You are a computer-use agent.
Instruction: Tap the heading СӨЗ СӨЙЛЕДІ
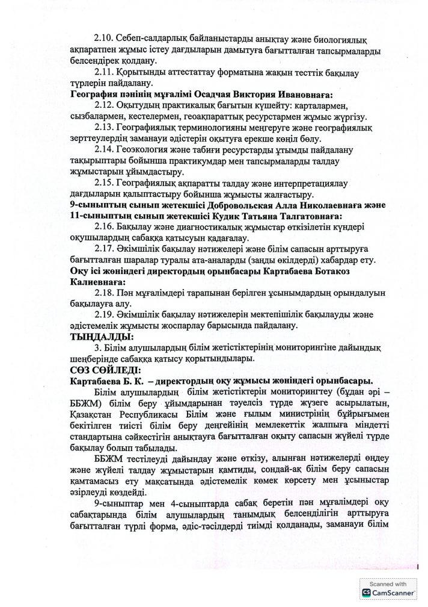(x=105, y=370)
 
